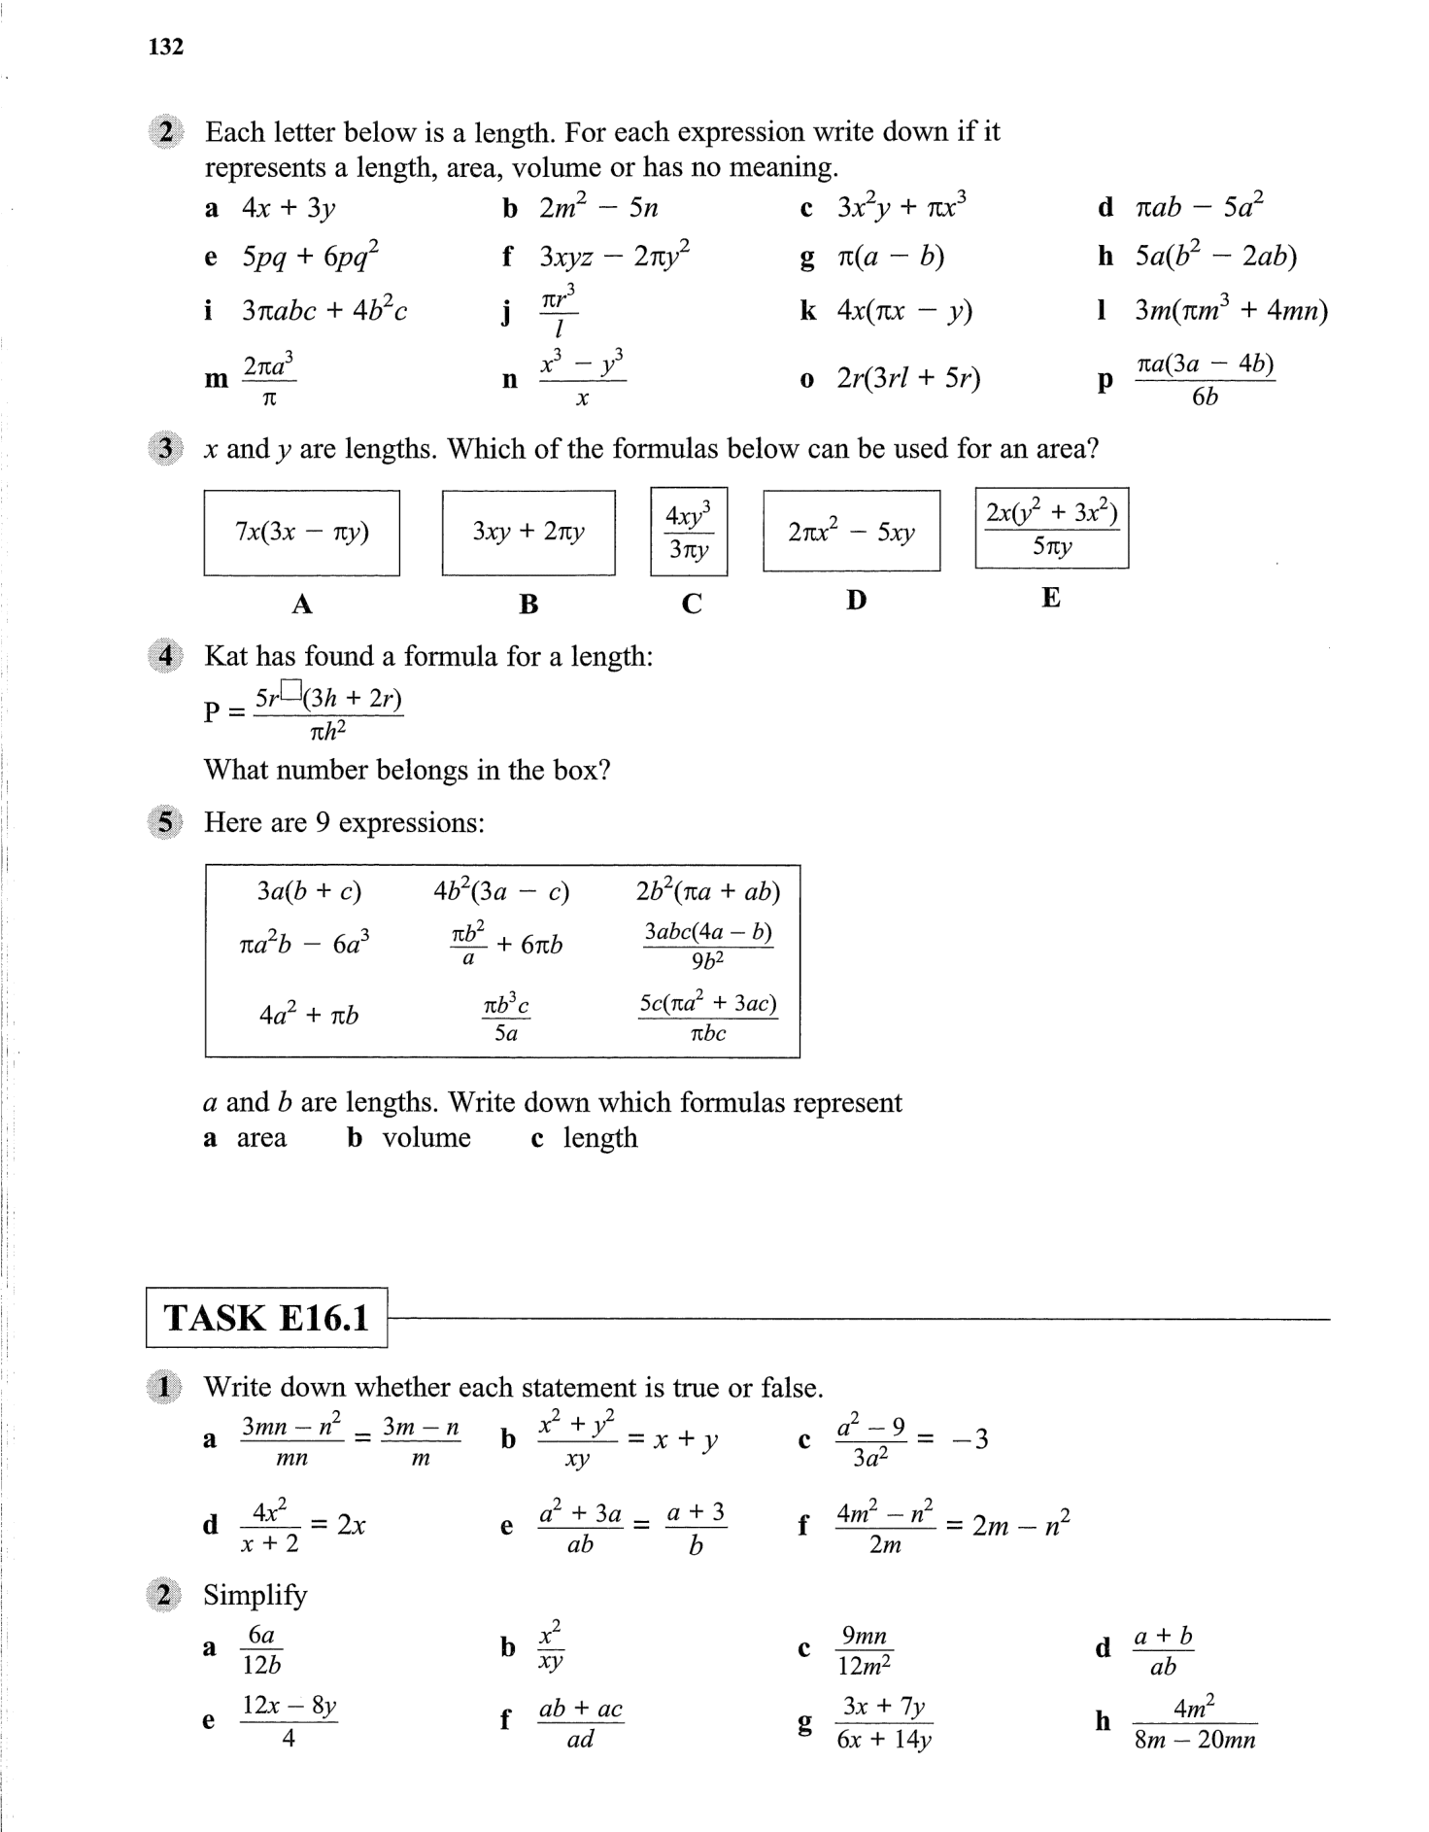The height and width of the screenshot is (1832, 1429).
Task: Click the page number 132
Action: coord(166,47)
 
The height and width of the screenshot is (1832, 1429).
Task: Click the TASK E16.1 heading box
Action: coord(266,1318)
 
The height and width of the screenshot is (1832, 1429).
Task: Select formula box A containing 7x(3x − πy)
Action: coord(301,533)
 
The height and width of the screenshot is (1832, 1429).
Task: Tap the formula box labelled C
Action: coord(689,532)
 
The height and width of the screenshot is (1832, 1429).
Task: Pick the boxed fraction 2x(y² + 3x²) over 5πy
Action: coord(1051,528)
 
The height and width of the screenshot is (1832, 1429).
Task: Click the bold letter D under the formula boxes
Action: coord(855,601)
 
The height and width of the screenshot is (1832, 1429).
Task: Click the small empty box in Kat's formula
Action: coord(293,689)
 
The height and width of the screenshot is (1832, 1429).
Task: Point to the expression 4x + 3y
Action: coord(289,209)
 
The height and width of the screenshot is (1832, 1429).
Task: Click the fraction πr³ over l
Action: coord(558,311)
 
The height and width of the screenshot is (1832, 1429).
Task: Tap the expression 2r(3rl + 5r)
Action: coord(908,378)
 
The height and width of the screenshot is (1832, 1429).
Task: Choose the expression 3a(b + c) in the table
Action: coord(309,891)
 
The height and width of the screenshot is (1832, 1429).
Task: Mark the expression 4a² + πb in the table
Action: coord(309,1016)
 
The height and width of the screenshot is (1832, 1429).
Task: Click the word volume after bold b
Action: coord(425,1138)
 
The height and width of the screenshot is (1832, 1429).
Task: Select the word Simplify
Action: coord(255,1596)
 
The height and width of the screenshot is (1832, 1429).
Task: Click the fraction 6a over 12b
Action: coord(261,1650)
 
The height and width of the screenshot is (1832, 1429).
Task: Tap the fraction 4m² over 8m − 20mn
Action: coord(1194,1722)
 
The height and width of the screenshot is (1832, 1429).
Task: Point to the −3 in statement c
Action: coord(970,1439)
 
